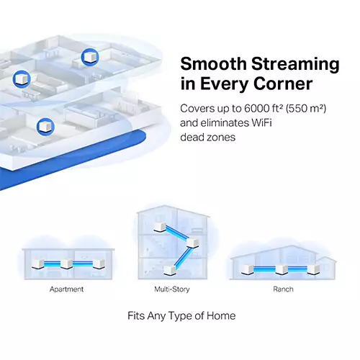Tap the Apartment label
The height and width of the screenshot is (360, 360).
(x=66, y=289)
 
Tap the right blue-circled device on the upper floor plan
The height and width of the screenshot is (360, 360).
(x=89, y=55)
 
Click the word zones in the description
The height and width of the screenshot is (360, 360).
(x=220, y=137)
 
